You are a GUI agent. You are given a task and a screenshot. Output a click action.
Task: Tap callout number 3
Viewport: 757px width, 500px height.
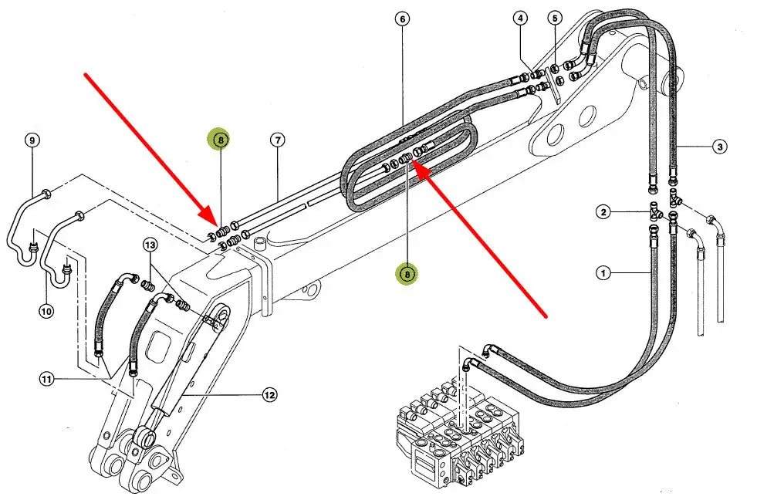pos(718,146)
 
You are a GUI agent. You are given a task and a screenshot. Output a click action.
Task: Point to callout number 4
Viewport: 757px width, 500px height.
pos(521,18)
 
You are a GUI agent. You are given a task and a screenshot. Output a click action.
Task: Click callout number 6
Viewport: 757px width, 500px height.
pos(403,18)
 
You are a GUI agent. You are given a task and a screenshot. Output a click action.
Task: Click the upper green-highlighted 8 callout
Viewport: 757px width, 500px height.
pos(220,140)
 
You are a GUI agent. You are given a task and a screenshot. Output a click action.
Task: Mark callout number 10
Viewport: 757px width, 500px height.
pos(46,312)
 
